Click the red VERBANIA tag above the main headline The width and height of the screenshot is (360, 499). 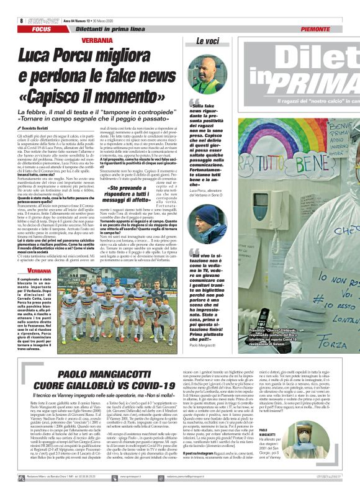(97, 40)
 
